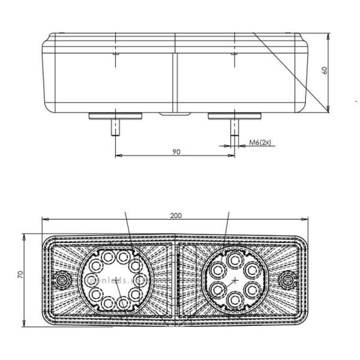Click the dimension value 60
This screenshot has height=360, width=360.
point(325,70)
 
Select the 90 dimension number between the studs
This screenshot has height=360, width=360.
point(176,151)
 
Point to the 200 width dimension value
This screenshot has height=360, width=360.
point(176,215)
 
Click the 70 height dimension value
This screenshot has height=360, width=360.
point(20,274)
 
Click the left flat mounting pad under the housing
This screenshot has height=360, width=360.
point(116,115)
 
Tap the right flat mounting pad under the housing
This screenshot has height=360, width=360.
point(233,115)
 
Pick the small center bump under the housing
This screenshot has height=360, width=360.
point(175,113)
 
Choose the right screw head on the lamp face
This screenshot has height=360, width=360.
point(290,279)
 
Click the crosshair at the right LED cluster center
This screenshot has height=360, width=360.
point(234,280)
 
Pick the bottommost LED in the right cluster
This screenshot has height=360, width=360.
point(234,301)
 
